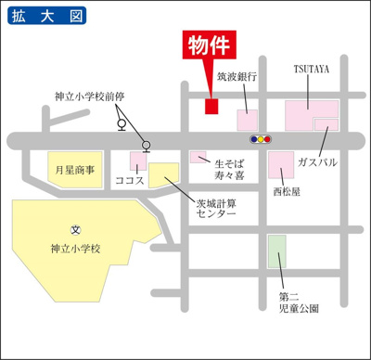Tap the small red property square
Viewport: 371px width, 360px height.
pos(211,106)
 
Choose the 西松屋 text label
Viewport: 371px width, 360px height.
pos(287,192)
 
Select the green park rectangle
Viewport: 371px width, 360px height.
pos(276,252)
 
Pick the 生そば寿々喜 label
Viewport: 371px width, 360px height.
pos(230,166)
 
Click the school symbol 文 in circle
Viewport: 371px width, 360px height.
pos(75,229)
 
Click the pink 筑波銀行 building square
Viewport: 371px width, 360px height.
pos(248,120)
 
